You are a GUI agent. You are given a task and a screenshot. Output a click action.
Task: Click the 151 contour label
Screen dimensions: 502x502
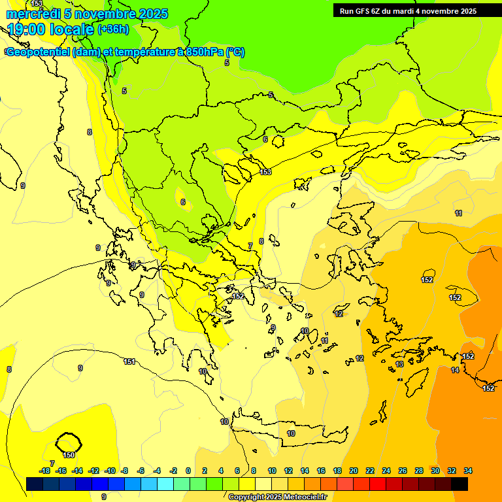[x=129, y=361]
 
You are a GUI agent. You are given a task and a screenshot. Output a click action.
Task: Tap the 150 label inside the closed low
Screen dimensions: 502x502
[x=69, y=455]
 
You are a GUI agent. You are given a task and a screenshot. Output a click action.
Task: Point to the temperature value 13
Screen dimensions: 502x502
[x=399, y=364]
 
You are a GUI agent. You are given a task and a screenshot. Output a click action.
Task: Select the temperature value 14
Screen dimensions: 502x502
[x=455, y=370]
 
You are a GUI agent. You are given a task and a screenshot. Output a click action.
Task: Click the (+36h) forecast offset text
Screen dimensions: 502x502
[x=113, y=29]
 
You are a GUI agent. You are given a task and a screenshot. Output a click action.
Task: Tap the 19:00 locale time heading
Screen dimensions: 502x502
[x=50, y=29]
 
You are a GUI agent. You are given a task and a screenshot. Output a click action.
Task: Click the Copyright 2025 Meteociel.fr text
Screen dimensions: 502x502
[x=277, y=497]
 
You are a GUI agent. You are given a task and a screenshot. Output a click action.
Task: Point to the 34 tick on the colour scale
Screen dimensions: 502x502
[x=467, y=471]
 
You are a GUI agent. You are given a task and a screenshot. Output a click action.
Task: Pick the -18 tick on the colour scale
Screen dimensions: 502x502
[x=44, y=471]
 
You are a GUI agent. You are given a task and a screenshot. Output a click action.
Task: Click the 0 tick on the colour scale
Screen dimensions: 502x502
[x=188, y=471]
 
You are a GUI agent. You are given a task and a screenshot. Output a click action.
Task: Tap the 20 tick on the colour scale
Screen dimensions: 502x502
[x=354, y=471]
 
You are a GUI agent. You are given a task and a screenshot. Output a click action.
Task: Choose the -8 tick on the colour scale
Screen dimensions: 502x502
[x=124, y=471]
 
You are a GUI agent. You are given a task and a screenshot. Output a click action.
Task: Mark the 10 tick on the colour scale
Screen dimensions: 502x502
[x=271, y=471]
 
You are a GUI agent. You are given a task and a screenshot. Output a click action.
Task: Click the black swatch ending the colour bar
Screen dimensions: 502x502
[x=459, y=484]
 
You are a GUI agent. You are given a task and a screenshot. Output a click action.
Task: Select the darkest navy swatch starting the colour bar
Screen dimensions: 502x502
[x=35, y=484]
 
